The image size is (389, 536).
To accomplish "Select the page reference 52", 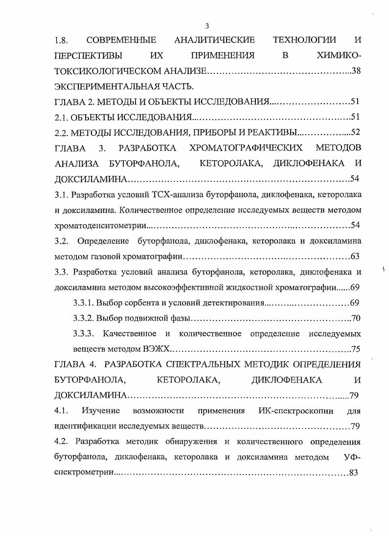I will point(356,132).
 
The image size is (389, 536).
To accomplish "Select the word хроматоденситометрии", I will point(100,226).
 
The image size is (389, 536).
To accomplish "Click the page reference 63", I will point(356,257).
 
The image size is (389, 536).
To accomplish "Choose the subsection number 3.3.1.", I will point(84,303).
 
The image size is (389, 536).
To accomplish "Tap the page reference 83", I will point(355,473).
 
